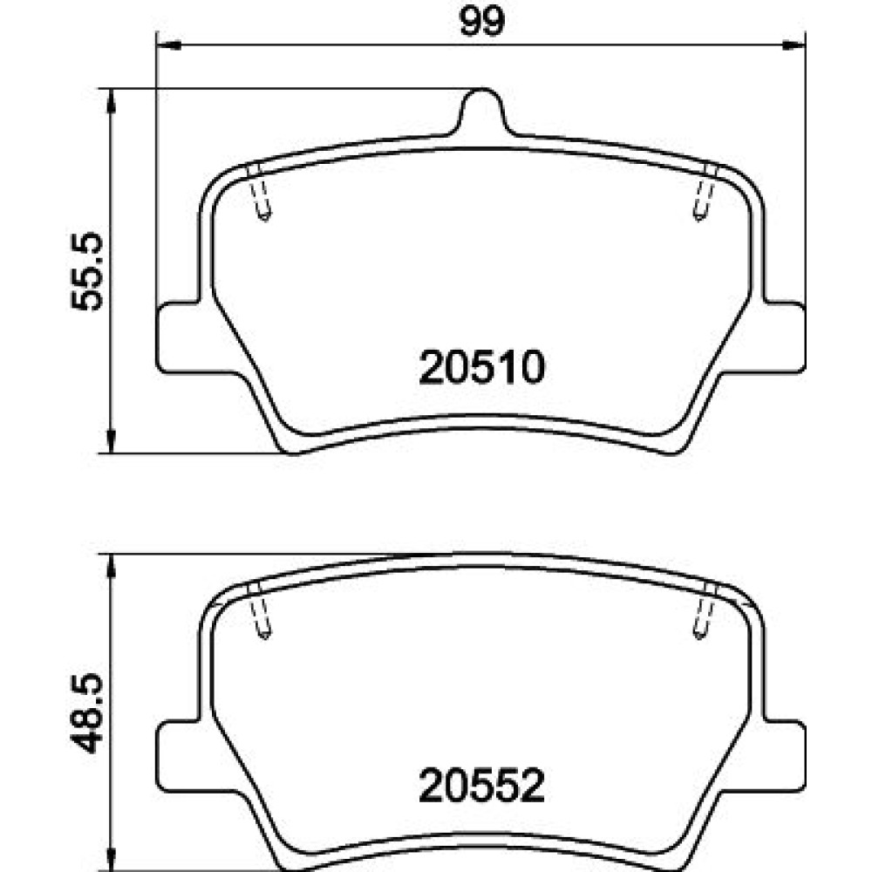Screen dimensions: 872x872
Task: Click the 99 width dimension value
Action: tap(482, 22)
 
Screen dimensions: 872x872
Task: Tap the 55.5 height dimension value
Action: tap(86, 271)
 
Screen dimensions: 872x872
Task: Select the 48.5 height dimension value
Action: tap(86, 713)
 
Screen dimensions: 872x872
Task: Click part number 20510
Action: tap(481, 367)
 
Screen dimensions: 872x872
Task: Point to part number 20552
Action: tap(481, 785)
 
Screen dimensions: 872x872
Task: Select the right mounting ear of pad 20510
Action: tap(784, 337)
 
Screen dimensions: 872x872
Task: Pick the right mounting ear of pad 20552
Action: tap(784, 754)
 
